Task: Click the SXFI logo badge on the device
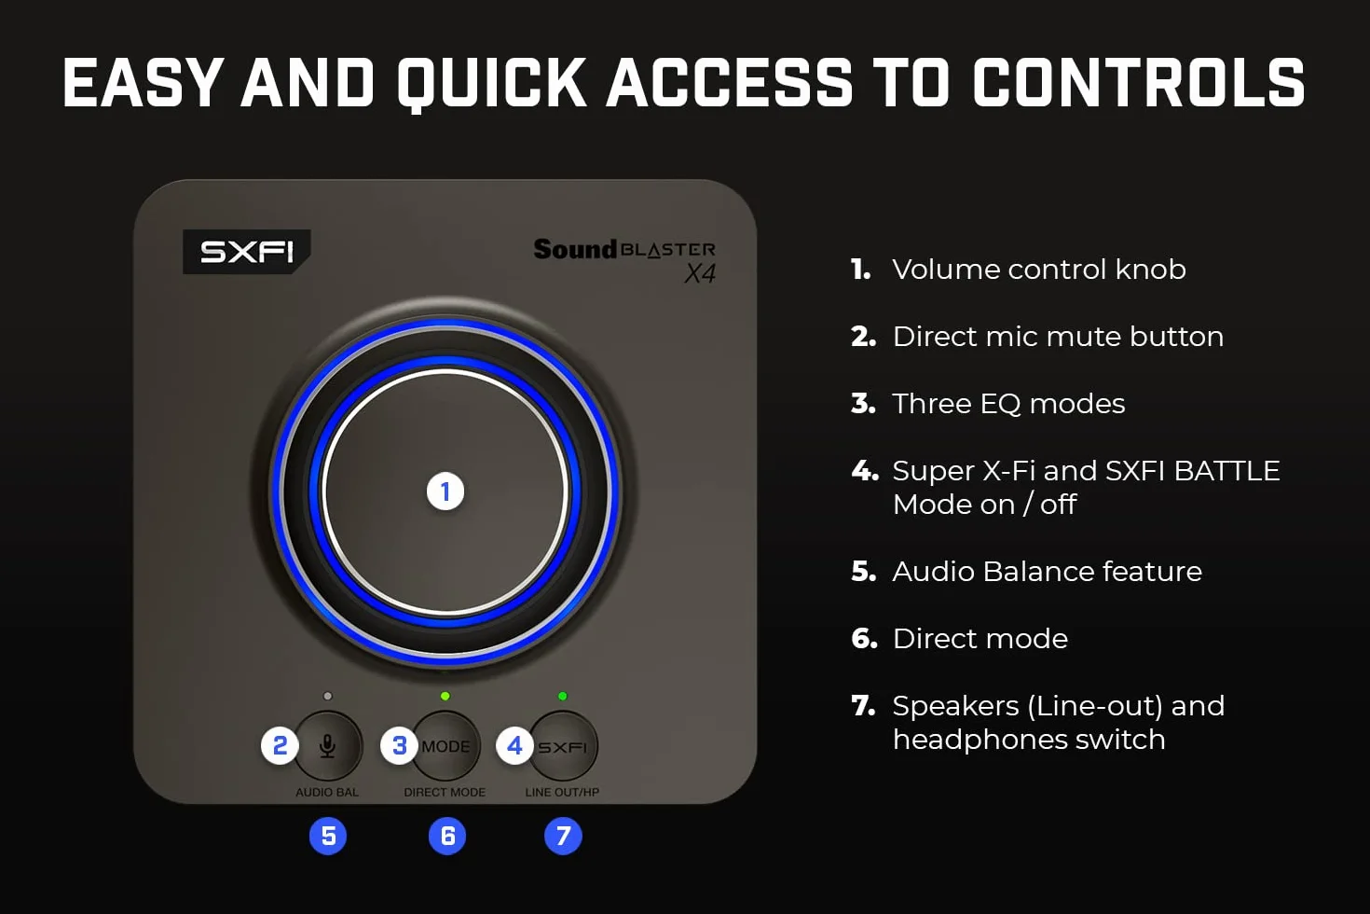(246, 252)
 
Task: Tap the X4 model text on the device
(700, 273)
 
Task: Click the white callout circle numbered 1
(445, 492)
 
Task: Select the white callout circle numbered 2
(281, 745)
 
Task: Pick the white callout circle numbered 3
(400, 745)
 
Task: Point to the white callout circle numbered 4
(515, 745)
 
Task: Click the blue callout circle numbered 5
(328, 836)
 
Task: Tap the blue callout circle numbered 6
(447, 836)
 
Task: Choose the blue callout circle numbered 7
(563, 836)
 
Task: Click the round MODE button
(445, 746)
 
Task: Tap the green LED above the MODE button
(445, 696)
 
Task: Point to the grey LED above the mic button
(328, 696)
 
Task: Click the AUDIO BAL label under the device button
(327, 792)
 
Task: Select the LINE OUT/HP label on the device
(562, 792)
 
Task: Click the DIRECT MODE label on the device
(445, 792)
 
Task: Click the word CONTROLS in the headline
(1139, 83)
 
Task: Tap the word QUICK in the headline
(492, 85)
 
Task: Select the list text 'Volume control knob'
(1039, 270)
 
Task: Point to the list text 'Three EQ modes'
(1008, 404)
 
